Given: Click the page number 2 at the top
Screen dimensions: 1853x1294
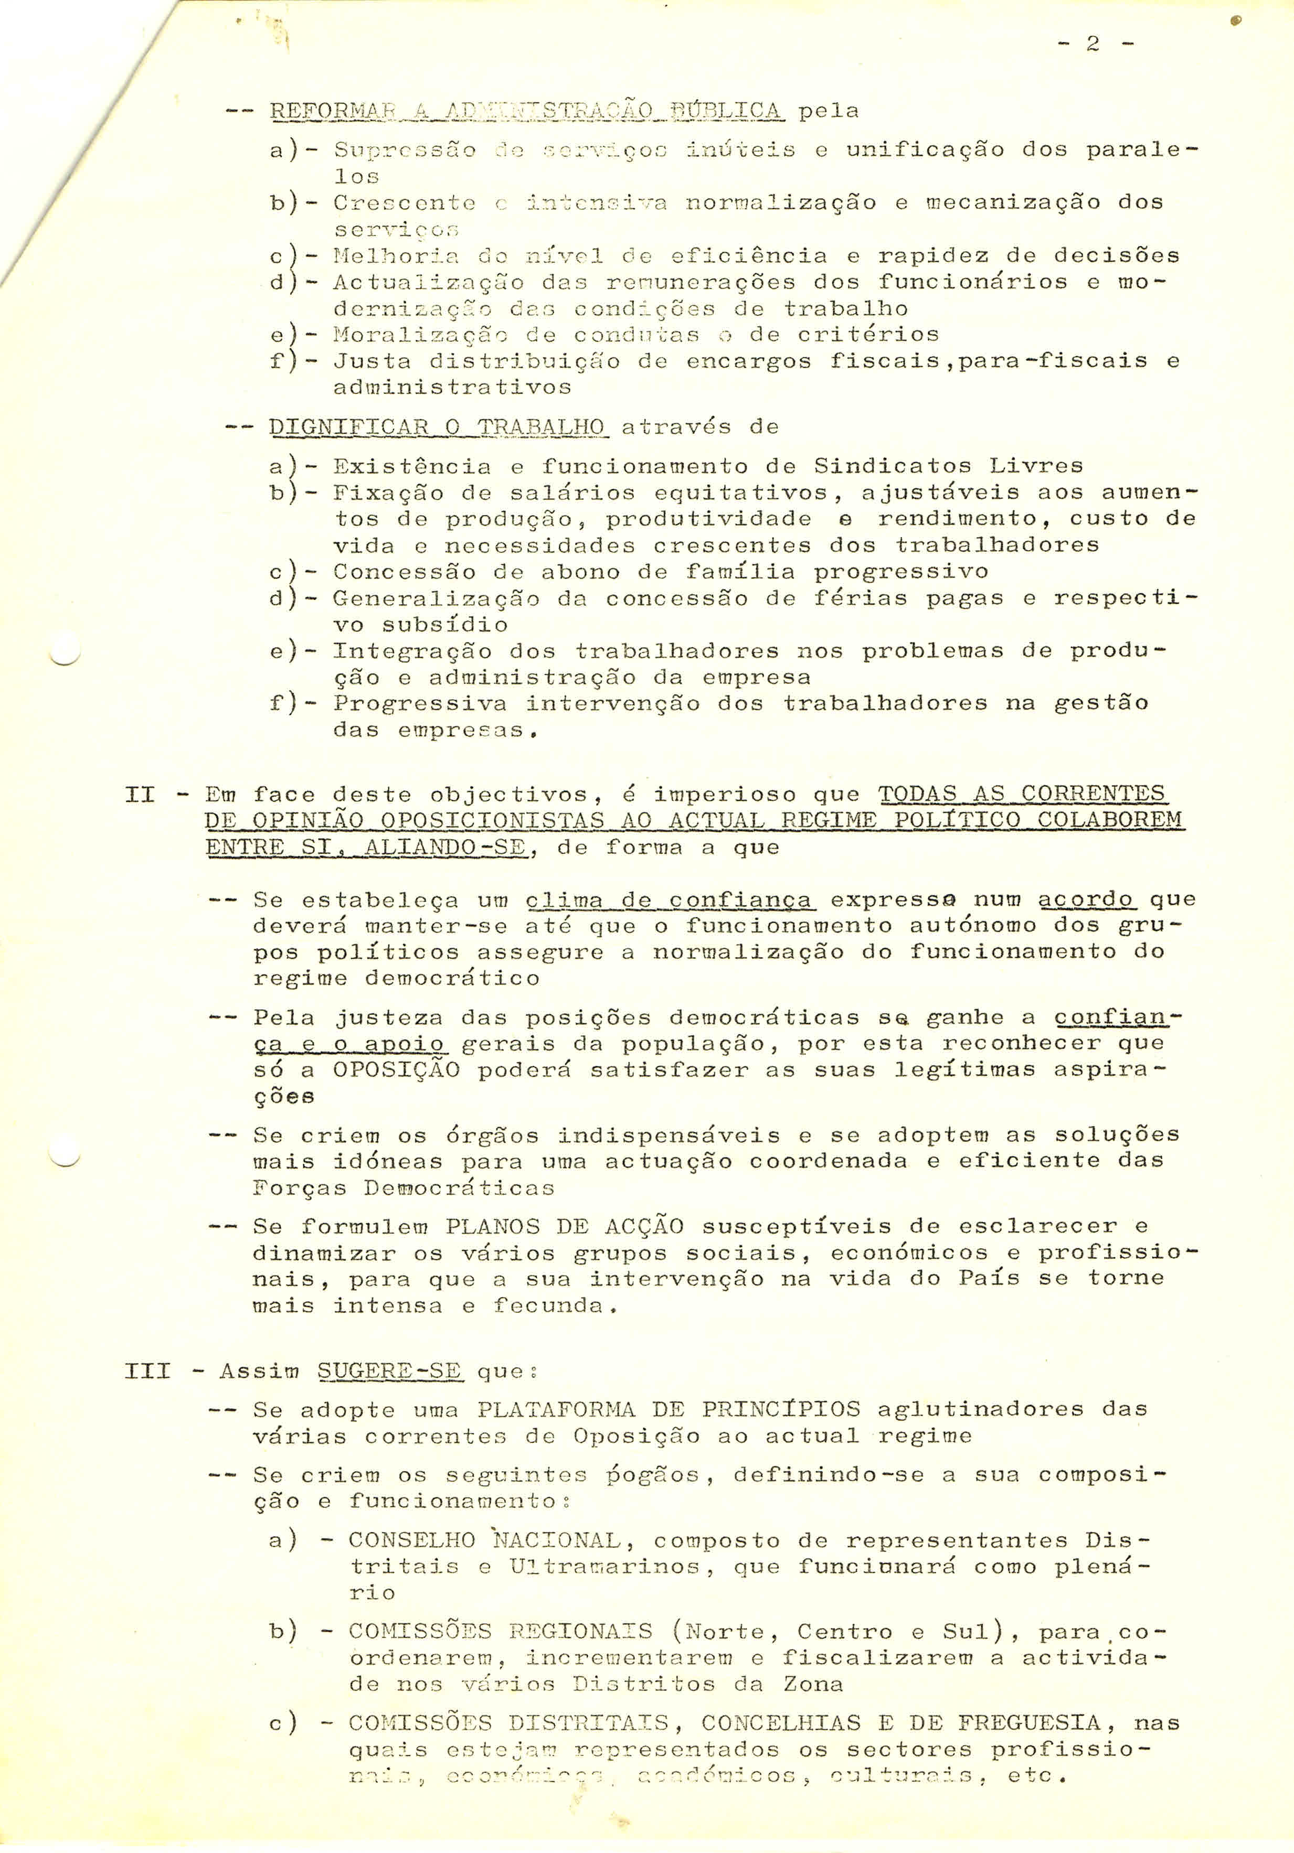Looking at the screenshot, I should click(x=1093, y=45).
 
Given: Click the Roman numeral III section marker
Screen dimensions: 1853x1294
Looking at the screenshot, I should click(x=148, y=1371).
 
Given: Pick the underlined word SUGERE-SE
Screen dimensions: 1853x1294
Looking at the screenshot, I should click(x=388, y=1371).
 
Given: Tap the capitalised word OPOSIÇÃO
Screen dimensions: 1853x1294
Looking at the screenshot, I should click(x=396, y=1070).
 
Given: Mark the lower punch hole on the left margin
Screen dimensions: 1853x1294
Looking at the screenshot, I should click(x=63, y=1151).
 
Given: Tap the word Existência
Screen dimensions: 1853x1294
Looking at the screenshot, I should click(x=412, y=466).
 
